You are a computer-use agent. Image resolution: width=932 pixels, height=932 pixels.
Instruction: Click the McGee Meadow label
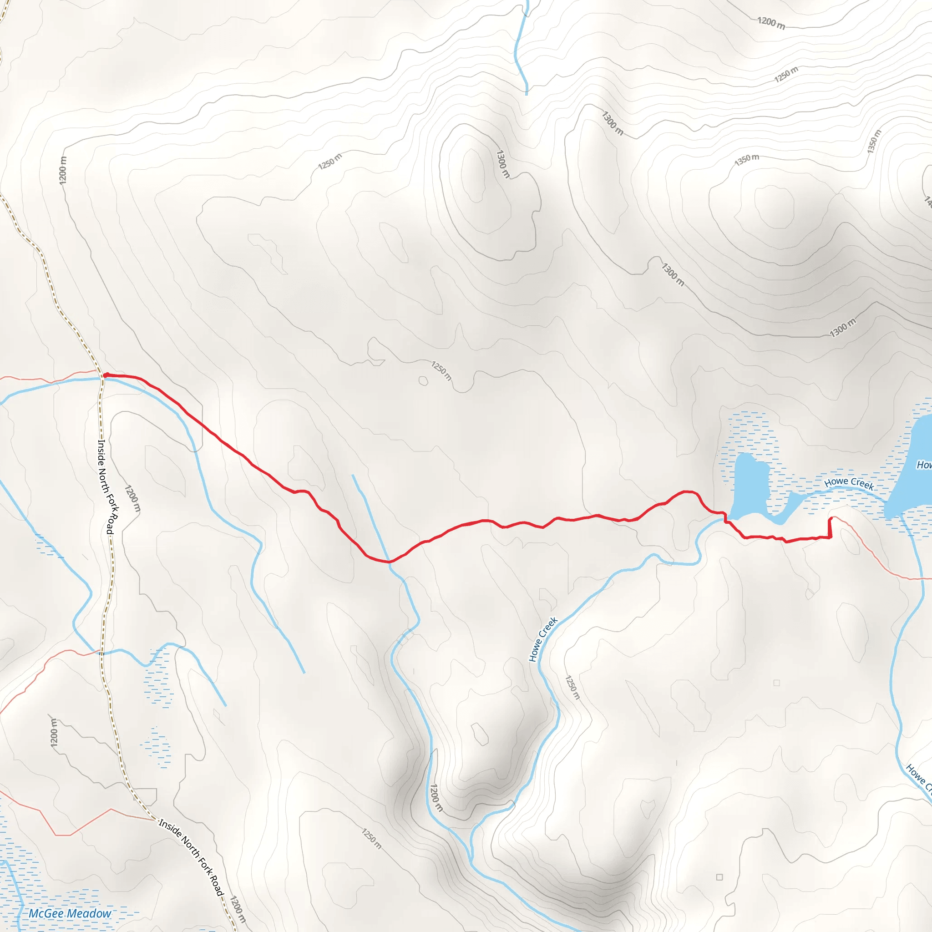click(x=70, y=913)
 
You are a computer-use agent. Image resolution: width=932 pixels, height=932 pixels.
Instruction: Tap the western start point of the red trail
click(x=105, y=375)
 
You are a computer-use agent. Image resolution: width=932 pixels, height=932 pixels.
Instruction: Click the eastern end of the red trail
click(x=831, y=519)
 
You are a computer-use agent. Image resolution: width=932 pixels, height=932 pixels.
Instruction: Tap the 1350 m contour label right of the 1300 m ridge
click(x=747, y=160)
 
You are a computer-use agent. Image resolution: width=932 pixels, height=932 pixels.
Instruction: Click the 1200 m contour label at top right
click(x=771, y=23)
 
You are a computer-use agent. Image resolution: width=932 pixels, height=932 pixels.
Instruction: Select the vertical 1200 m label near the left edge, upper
click(x=63, y=170)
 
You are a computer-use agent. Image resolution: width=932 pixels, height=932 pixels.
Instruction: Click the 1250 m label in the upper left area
click(x=330, y=161)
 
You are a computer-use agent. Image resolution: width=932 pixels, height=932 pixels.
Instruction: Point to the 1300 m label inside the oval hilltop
click(x=502, y=164)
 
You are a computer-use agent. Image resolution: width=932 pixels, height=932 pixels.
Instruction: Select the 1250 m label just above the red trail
click(x=441, y=370)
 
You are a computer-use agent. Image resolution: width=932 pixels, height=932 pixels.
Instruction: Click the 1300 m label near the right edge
click(x=843, y=328)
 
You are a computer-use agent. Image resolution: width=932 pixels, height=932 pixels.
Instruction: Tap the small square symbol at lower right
click(x=720, y=877)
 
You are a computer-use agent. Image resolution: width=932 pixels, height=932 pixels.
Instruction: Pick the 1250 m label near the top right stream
click(x=786, y=74)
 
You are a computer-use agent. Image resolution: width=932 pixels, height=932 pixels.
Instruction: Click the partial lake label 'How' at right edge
click(x=923, y=465)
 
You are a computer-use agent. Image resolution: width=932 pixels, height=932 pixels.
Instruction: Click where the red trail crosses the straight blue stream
click(x=389, y=562)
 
